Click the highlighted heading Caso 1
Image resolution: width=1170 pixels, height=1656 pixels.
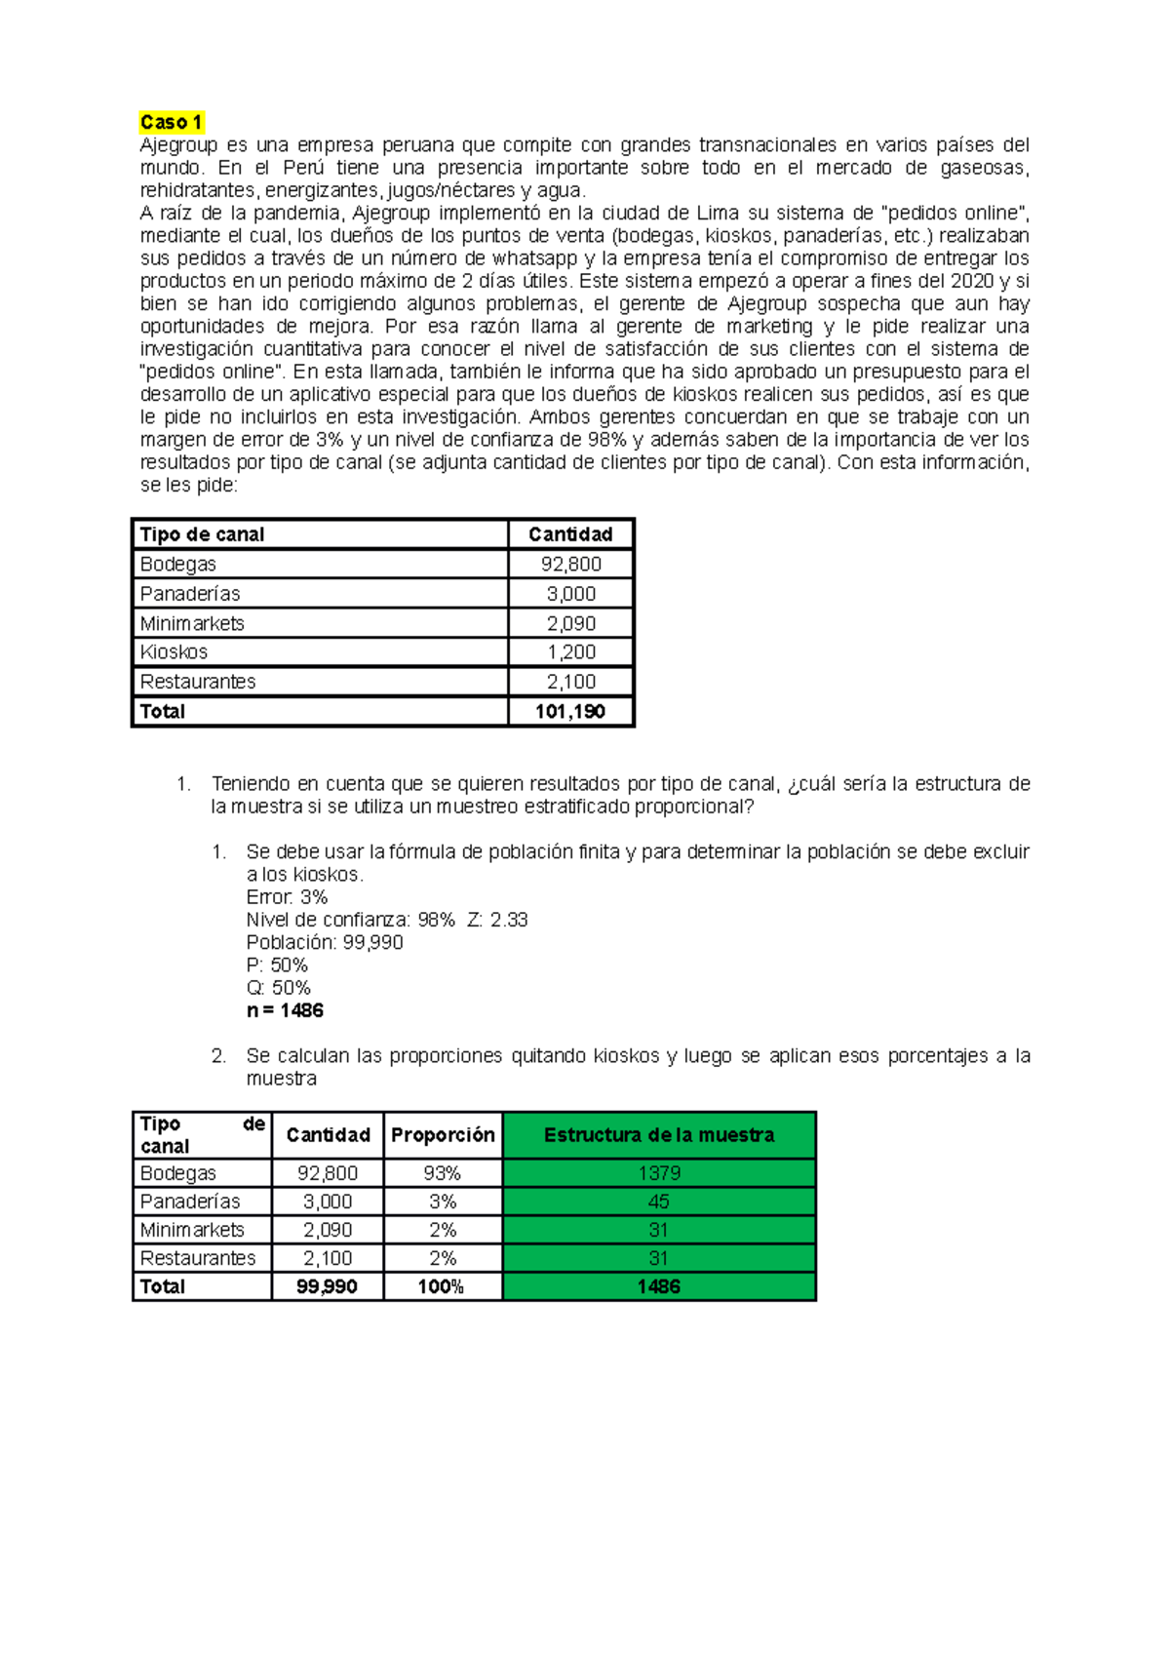(x=171, y=122)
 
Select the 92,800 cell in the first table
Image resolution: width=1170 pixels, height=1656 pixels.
(x=571, y=564)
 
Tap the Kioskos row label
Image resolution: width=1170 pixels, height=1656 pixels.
(x=174, y=651)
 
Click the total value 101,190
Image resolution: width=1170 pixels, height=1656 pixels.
(x=570, y=711)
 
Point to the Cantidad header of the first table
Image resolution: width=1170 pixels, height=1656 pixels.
(x=570, y=534)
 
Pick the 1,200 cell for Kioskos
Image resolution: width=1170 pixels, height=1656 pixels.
(x=571, y=651)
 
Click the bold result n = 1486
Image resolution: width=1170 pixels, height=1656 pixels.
(x=285, y=1010)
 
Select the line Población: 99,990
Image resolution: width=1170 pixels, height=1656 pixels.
(x=325, y=942)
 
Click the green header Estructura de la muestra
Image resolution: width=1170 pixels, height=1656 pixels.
(x=659, y=1135)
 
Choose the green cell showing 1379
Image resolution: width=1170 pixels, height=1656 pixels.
(x=659, y=1173)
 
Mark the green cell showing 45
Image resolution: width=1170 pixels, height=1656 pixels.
(x=659, y=1202)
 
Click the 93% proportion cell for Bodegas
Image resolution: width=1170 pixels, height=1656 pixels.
(x=443, y=1173)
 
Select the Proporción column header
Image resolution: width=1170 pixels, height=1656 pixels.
(x=443, y=1135)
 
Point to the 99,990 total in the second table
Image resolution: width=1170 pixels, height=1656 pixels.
(x=327, y=1286)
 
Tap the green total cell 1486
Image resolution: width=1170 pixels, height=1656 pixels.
(x=659, y=1286)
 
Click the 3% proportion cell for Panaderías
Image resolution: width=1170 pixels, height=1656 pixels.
(x=443, y=1202)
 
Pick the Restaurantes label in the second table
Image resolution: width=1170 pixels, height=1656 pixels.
(x=198, y=1258)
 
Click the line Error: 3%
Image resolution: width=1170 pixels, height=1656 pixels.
(x=287, y=897)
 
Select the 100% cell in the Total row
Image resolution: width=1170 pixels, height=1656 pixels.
(x=441, y=1286)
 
